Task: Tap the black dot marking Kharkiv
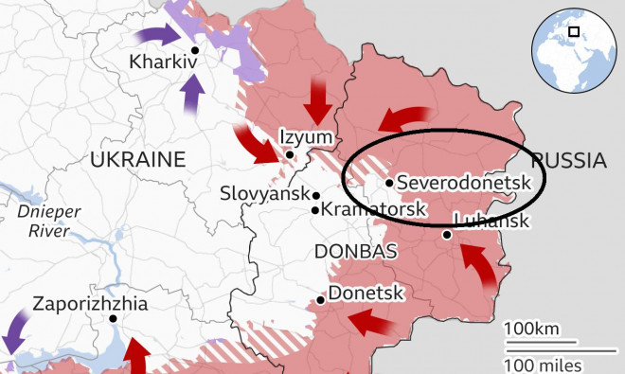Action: (x=195, y=50)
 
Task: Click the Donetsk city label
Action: (x=366, y=294)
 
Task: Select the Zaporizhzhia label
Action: (x=90, y=305)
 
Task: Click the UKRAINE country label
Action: (x=137, y=160)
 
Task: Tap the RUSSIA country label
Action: (x=568, y=160)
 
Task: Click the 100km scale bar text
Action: (x=531, y=329)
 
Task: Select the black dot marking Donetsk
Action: (x=322, y=299)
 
